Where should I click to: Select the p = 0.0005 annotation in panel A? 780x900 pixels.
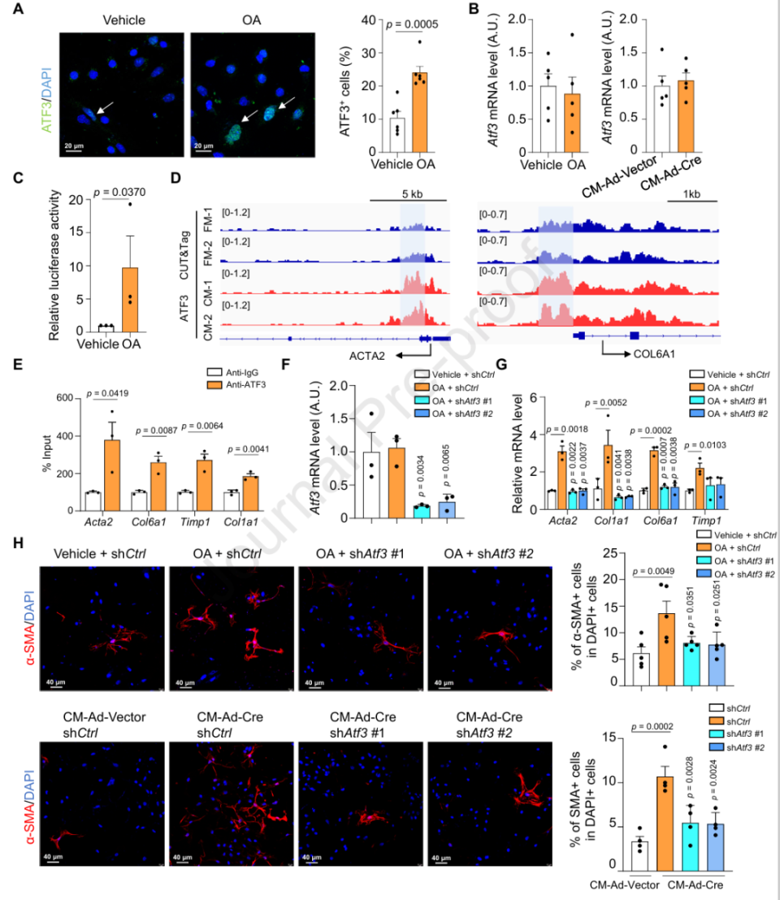pos(401,26)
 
